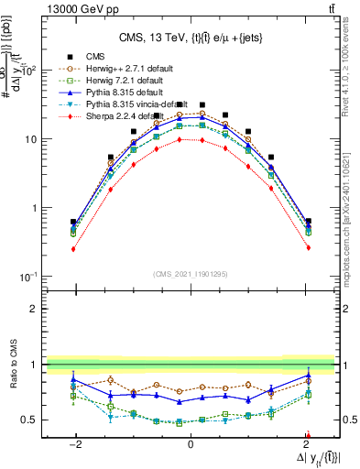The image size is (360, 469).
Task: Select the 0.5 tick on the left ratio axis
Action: tap(30, 420)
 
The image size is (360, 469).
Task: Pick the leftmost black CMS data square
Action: tap(73, 222)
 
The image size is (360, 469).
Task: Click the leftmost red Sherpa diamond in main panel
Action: tap(73, 248)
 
